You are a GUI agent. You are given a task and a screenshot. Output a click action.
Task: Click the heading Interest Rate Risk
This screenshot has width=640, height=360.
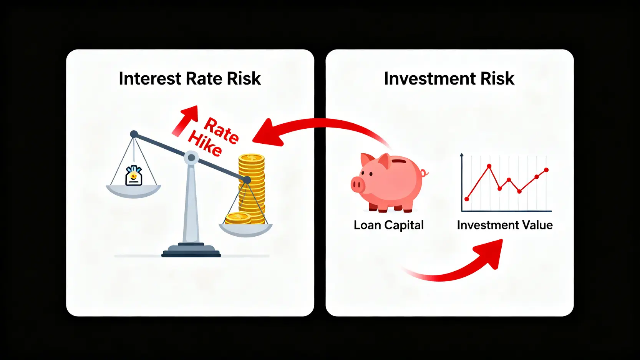pyautogui.click(x=190, y=79)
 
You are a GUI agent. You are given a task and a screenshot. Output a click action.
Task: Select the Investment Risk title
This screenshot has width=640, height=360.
pyautogui.click(x=449, y=79)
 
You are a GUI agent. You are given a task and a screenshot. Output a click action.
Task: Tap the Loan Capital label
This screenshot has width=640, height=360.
pyautogui.click(x=389, y=225)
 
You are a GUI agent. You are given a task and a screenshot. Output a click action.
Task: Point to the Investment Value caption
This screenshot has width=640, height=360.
pyautogui.click(x=505, y=225)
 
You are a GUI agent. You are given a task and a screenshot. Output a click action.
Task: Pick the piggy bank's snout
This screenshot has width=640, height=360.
pyautogui.click(x=358, y=185)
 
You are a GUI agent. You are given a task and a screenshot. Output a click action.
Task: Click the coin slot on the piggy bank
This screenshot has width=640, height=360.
pyautogui.click(x=400, y=161)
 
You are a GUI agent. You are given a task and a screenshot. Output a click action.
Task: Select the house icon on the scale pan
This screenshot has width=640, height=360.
pyautogui.click(x=134, y=176)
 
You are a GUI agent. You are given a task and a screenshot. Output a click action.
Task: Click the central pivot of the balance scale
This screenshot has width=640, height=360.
pyautogui.click(x=191, y=158)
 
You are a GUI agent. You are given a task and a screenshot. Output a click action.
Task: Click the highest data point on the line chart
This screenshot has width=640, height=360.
pyautogui.click(x=489, y=166)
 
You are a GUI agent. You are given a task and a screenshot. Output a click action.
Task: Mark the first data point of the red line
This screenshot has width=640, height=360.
pyautogui.click(x=467, y=199)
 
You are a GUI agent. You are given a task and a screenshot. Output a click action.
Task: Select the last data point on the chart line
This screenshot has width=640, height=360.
pyautogui.click(x=547, y=170)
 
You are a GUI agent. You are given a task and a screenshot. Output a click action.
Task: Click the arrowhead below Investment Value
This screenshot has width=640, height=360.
pyautogui.click(x=490, y=253)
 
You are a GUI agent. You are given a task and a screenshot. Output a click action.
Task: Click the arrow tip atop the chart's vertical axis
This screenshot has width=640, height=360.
pyautogui.click(x=461, y=154)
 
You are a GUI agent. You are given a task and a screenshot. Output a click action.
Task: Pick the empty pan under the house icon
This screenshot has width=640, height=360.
pyautogui.click(x=133, y=191)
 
